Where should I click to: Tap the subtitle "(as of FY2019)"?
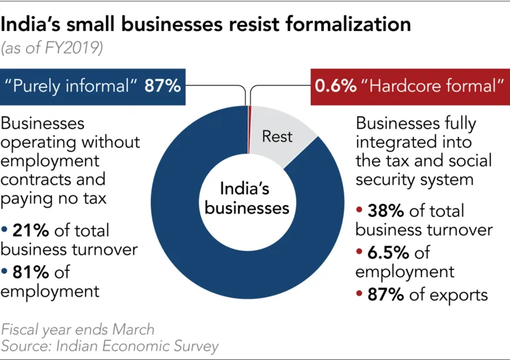tap(52, 49)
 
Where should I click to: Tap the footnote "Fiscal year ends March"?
tap(78, 329)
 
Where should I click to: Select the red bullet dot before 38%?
tap(360, 212)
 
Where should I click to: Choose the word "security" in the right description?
tap(383, 179)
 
